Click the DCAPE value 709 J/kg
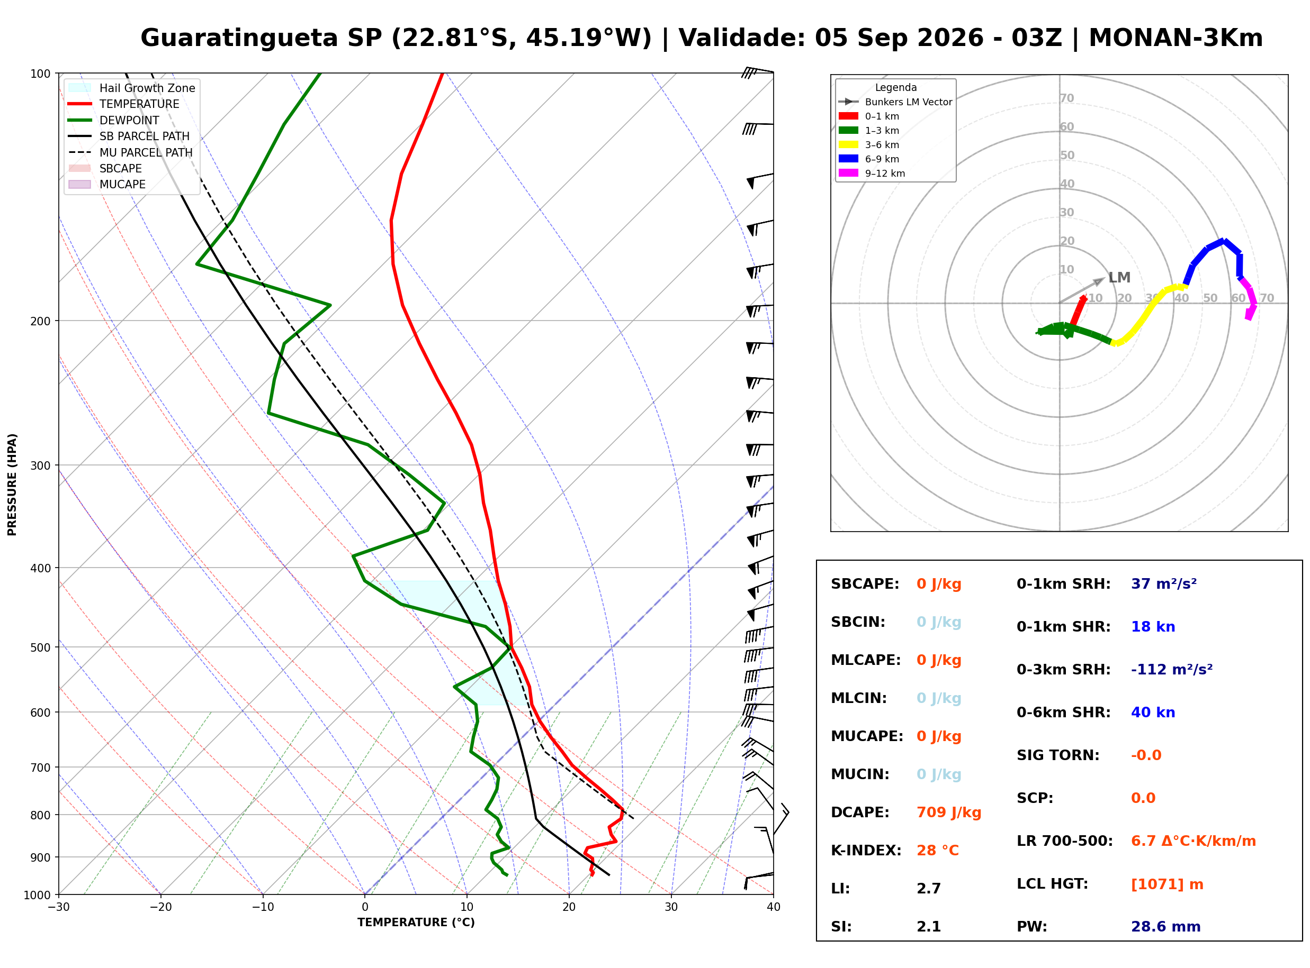[x=949, y=812]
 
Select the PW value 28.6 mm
[x=1166, y=927]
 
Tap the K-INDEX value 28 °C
[x=938, y=851]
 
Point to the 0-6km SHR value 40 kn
[x=1153, y=713]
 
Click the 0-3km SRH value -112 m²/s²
[x=1172, y=669]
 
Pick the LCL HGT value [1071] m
[x=1167, y=884]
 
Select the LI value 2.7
[x=929, y=889]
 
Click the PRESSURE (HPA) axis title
[x=12, y=485]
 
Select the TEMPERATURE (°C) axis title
[x=416, y=923]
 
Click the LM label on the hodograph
[x=1119, y=278]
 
